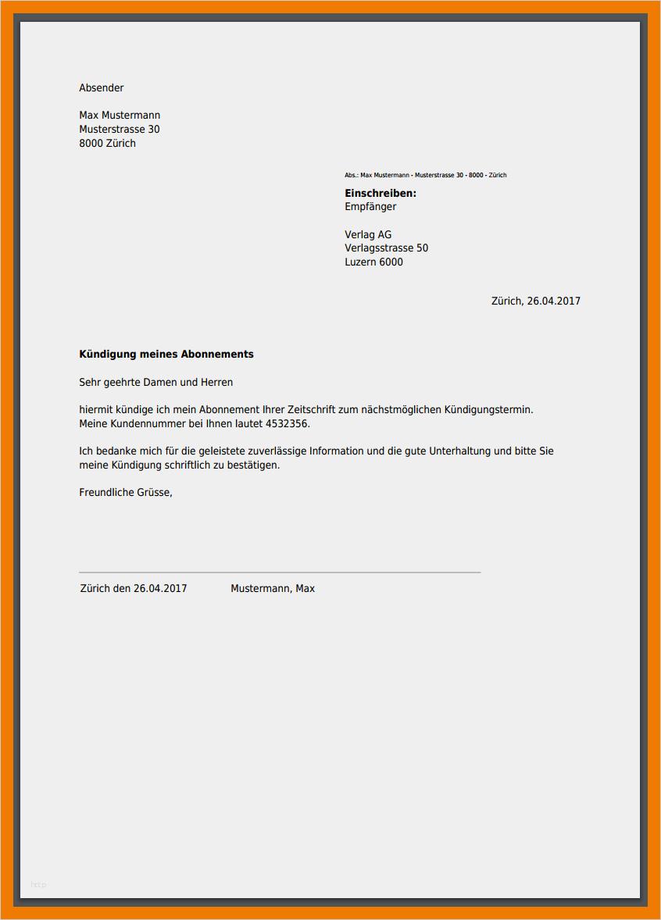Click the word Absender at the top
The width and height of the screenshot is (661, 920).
click(x=102, y=88)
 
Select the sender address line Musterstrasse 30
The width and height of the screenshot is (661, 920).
click(x=120, y=130)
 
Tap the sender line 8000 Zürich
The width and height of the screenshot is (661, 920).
click(x=108, y=144)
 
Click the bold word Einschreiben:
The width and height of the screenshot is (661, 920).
click(x=381, y=194)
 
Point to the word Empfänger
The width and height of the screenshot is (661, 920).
click(x=370, y=207)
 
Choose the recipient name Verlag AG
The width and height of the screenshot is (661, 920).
click(x=368, y=235)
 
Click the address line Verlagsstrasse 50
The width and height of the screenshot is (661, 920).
click(x=386, y=248)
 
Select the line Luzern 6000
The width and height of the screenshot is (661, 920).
click(x=373, y=262)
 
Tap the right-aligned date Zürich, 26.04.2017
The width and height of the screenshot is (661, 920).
click(x=535, y=301)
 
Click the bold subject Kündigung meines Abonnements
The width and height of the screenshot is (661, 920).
click(x=166, y=355)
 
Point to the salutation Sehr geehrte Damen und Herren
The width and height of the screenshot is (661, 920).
click(x=156, y=383)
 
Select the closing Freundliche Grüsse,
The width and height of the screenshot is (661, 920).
click(x=125, y=493)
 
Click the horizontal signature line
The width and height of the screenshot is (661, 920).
click(x=280, y=572)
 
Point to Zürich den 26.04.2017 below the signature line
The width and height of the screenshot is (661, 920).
click(x=134, y=589)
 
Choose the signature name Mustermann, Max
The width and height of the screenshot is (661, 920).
click(x=273, y=589)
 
